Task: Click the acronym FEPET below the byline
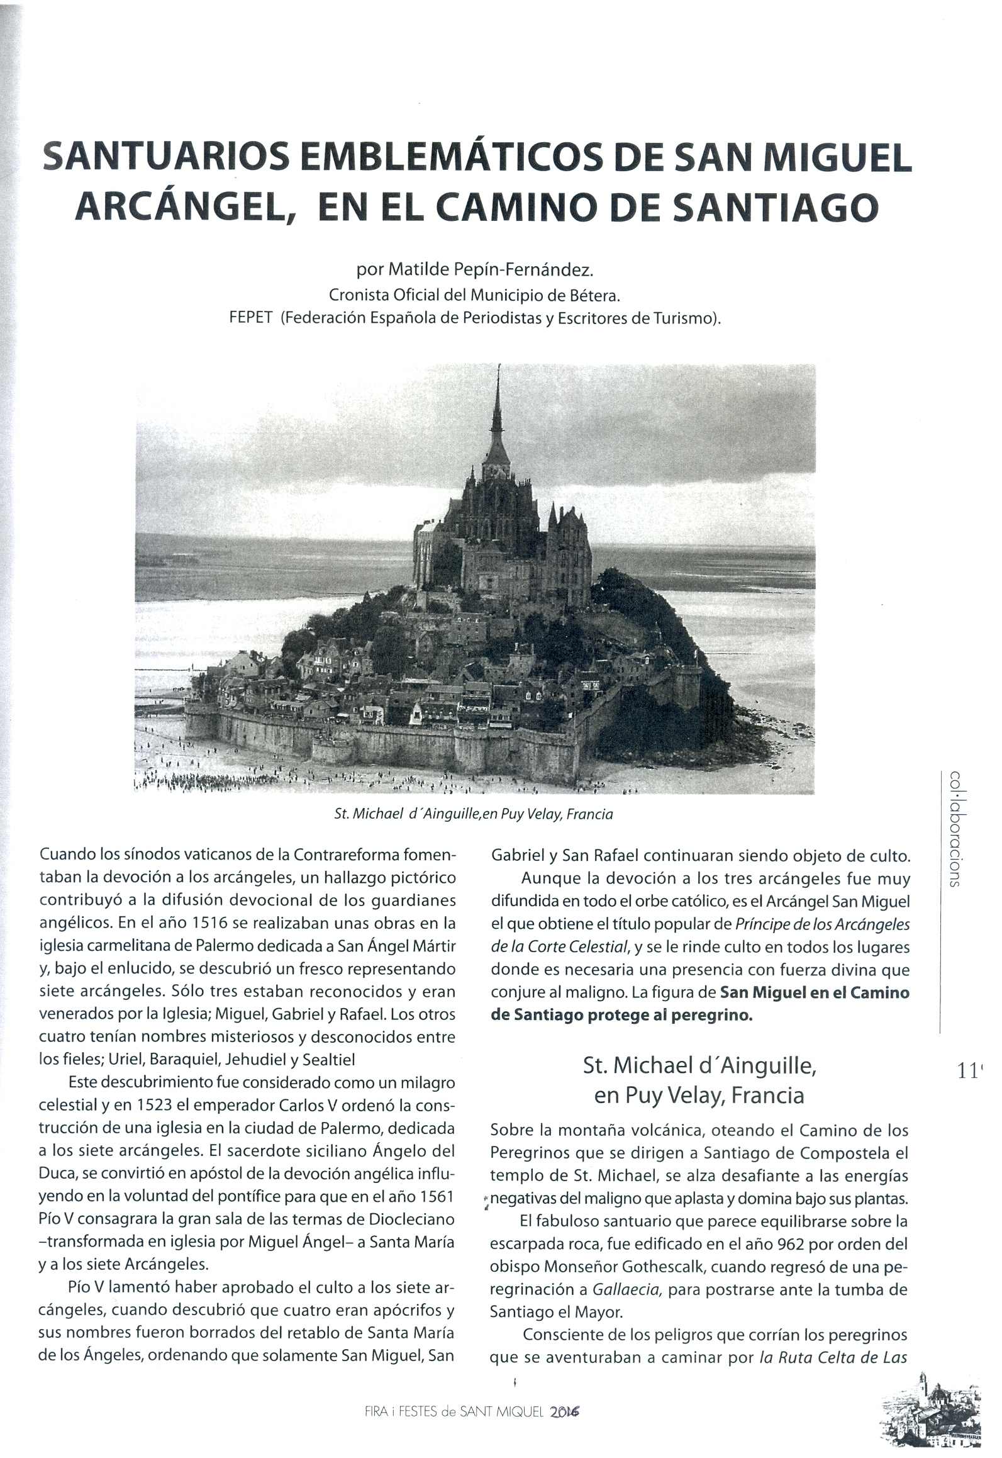click(252, 318)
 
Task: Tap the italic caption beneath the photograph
click(474, 814)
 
